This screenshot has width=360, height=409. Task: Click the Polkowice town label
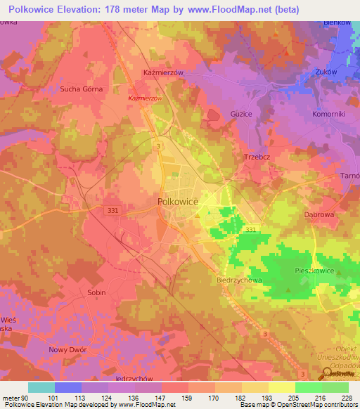click(x=176, y=201)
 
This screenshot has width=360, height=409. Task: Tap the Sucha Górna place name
click(x=81, y=89)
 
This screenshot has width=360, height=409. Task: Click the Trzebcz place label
click(x=258, y=157)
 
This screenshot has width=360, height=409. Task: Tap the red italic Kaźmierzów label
click(x=146, y=98)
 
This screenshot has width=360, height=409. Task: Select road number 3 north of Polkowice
click(x=160, y=145)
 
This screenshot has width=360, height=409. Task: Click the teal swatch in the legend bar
click(x=41, y=387)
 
